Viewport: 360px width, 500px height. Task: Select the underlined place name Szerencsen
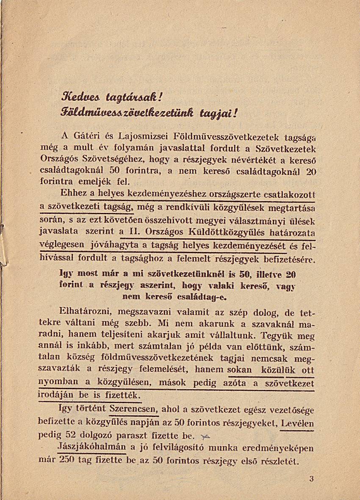click(x=133, y=410)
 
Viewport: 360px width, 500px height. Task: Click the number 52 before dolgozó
click(x=68, y=435)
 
